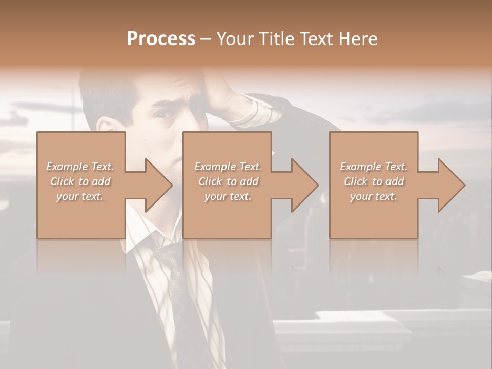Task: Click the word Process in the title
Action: click(x=161, y=39)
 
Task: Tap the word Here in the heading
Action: click(x=359, y=39)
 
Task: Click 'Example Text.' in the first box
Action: click(x=80, y=167)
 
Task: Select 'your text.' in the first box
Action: click(x=80, y=196)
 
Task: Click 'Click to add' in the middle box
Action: click(x=228, y=181)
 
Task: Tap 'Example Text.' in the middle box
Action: click(x=228, y=167)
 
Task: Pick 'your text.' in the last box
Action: click(x=374, y=196)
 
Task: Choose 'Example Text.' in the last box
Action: click(x=374, y=167)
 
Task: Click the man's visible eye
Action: click(x=165, y=115)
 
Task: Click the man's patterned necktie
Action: click(x=179, y=277)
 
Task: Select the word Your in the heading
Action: click(x=235, y=39)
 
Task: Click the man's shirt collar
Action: click(x=141, y=241)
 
